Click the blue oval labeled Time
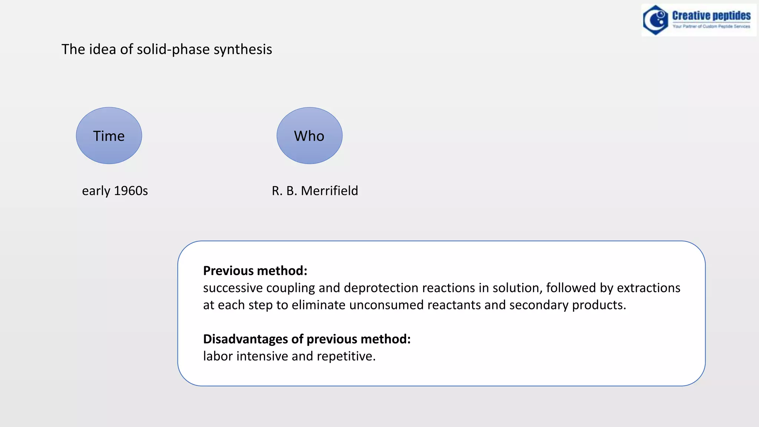(109, 136)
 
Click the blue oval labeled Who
(309, 136)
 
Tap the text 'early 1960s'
(115, 191)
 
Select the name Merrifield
(329, 191)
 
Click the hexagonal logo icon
(655, 20)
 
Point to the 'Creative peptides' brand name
(711, 16)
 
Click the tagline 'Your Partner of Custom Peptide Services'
(711, 26)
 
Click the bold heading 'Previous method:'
(255, 271)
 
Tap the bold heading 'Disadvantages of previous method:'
(307, 339)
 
